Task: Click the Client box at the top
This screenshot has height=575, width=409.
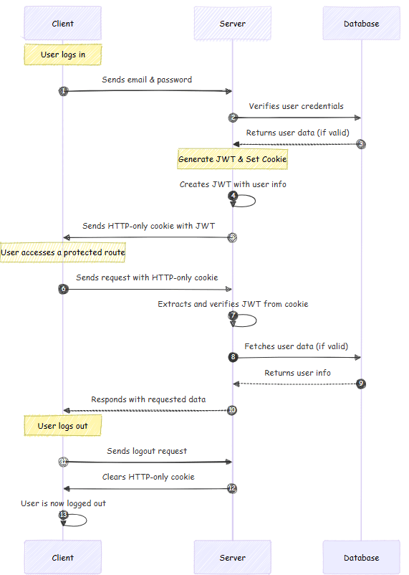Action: coord(63,24)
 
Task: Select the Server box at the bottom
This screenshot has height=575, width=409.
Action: coord(232,557)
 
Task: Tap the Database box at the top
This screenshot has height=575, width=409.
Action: coord(361,24)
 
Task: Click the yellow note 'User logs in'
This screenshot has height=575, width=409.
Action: coord(63,54)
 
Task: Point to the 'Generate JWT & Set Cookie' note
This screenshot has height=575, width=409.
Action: coord(232,159)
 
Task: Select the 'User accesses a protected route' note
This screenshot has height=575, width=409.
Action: coord(63,252)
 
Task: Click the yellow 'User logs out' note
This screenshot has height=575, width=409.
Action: coord(63,426)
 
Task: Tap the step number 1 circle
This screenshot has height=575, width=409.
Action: coord(63,91)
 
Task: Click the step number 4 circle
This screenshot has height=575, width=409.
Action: coord(233,196)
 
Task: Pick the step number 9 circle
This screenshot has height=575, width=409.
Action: coord(361,384)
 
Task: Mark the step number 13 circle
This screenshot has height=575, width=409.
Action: coord(63,515)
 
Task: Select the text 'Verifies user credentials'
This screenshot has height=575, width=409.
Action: coord(297,106)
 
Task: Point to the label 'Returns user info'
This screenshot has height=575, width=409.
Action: coord(297,373)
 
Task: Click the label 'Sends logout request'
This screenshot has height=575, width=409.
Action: coord(147,451)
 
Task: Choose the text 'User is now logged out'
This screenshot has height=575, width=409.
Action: coord(63,503)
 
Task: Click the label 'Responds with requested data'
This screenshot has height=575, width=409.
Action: coord(148,399)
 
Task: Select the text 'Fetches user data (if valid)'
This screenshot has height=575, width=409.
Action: coord(297,346)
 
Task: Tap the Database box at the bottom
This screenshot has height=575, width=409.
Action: coord(361,557)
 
